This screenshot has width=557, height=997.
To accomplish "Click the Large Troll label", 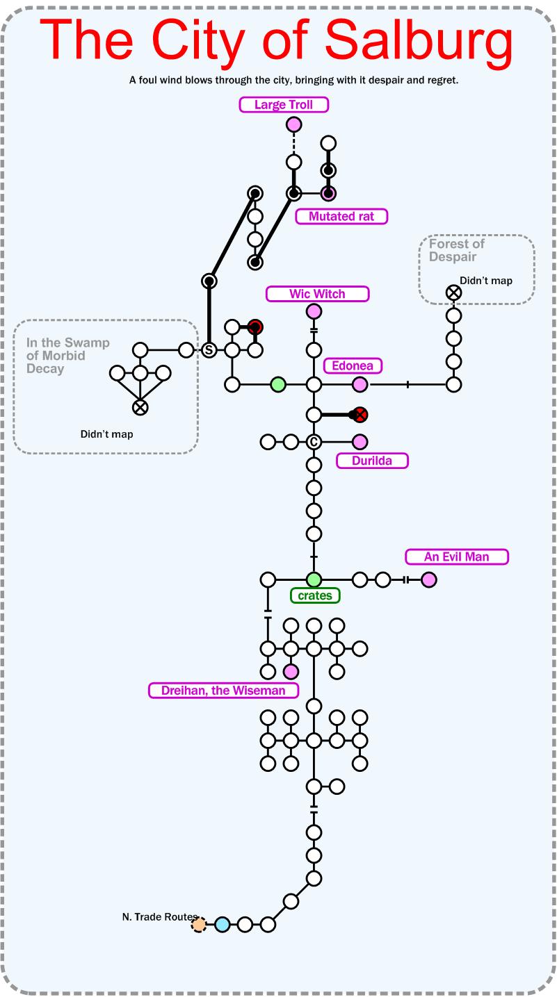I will coord(284,105).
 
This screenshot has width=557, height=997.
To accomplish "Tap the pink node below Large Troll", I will coord(294,124).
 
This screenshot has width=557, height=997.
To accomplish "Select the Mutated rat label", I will coord(341,216).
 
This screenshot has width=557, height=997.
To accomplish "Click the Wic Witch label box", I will coord(317,294).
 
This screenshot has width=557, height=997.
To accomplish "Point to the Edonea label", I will coord(353,365).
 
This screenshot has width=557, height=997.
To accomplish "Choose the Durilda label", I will coord(372,460).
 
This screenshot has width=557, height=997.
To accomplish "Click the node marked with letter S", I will coord(209,350).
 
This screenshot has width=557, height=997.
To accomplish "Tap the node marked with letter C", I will coord(314,442).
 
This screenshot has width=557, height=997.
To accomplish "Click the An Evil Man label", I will coord(457,557).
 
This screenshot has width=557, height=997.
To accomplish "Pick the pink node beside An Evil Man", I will coord(429,579).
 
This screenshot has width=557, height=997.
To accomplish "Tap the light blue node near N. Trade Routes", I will coord(222,924).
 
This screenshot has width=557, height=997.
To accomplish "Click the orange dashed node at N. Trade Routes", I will coord(199,924).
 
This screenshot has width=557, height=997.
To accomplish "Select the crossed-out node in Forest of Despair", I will coord(453,292).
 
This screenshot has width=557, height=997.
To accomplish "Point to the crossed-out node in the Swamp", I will coord(140,407).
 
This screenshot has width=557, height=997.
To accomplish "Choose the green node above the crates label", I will coord(314,579).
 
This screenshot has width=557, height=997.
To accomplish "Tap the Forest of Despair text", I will coord(456,250).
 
